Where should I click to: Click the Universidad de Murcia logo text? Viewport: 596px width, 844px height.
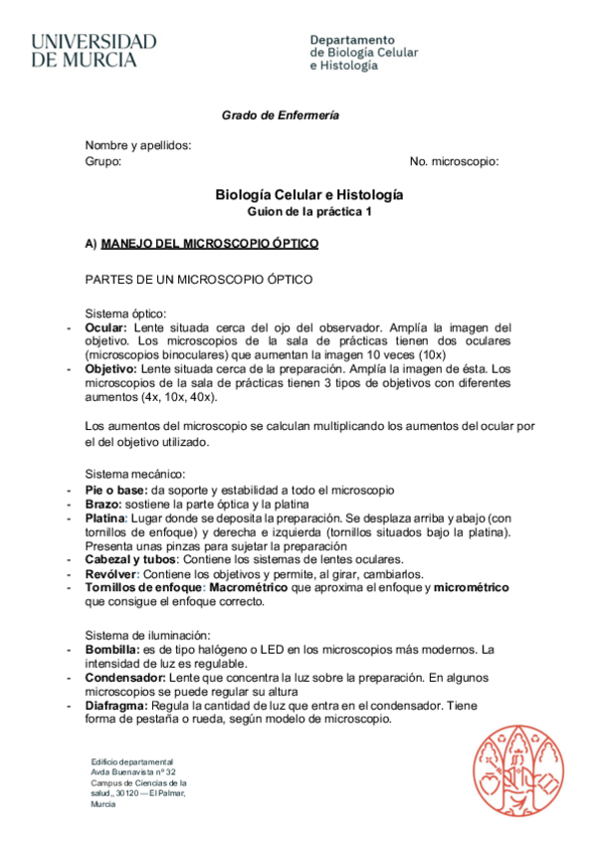click(94, 51)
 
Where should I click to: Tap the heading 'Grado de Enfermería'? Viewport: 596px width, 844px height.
click(280, 115)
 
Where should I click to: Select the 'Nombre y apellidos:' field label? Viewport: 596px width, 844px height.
click(138, 145)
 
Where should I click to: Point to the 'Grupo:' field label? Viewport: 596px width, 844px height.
click(103, 161)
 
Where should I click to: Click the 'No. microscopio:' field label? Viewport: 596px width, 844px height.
click(454, 161)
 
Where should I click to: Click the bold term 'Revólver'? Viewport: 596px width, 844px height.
click(109, 574)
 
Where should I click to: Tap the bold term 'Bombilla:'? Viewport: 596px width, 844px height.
click(112, 650)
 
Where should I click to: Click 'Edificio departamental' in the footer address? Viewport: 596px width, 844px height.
click(131, 761)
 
